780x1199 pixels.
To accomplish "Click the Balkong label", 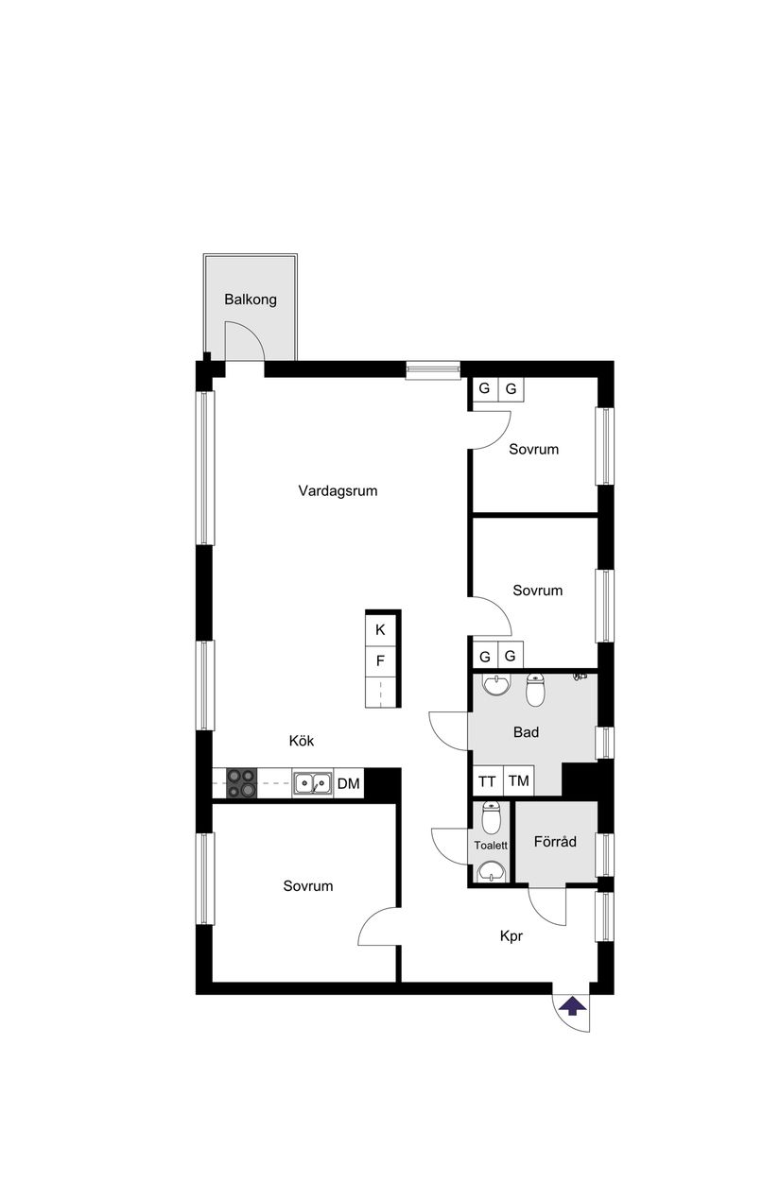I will click(x=251, y=300).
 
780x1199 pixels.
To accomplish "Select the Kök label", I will click(x=301, y=741).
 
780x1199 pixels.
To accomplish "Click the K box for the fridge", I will click(x=380, y=629).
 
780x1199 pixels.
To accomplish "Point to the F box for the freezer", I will click(x=380, y=660).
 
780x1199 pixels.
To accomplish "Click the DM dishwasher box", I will click(x=348, y=782).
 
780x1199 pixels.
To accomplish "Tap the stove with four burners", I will click(x=241, y=782).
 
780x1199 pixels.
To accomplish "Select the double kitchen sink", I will click(x=311, y=782).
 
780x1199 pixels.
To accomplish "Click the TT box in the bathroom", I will click(x=487, y=781).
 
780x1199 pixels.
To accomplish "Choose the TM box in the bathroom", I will click(x=518, y=781).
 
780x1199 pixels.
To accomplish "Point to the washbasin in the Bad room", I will click(x=494, y=683).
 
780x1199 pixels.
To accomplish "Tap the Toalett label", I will click(x=491, y=846).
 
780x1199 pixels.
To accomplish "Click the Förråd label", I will click(x=555, y=841).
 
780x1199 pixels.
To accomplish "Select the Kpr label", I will click(x=511, y=936).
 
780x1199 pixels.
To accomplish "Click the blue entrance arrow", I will click(x=570, y=1006).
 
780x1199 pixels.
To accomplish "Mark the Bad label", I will click(x=526, y=731).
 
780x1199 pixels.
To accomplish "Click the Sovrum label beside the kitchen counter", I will click(x=308, y=885).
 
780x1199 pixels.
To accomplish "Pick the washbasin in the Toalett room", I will click(x=491, y=870).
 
